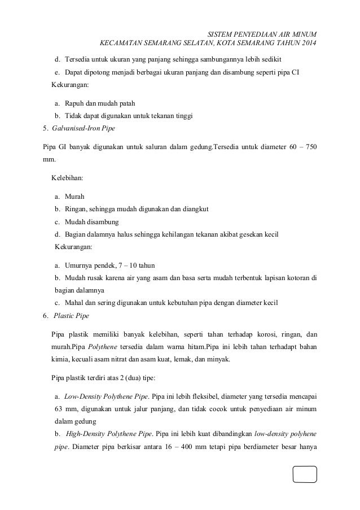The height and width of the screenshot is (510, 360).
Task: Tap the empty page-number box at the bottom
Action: click(x=305, y=474)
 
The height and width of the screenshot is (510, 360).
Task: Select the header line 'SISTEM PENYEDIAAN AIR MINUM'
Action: click(x=262, y=33)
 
